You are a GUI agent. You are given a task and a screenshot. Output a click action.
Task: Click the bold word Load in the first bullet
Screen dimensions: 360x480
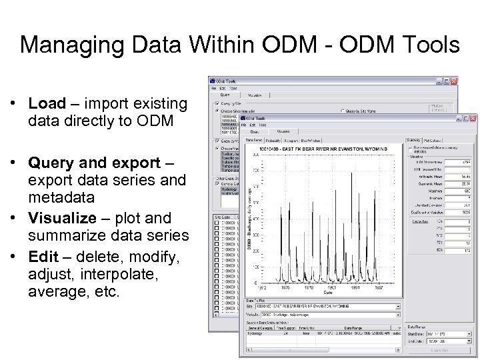[47, 104]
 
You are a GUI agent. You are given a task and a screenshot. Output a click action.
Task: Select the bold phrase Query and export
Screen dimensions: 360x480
[95, 163]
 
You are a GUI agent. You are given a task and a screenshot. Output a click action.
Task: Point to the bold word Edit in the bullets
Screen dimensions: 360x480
[42, 256]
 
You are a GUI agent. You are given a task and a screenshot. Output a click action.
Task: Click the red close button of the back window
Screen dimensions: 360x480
[454, 81]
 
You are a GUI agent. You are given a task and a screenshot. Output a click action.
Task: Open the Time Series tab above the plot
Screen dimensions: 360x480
[254, 141]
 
